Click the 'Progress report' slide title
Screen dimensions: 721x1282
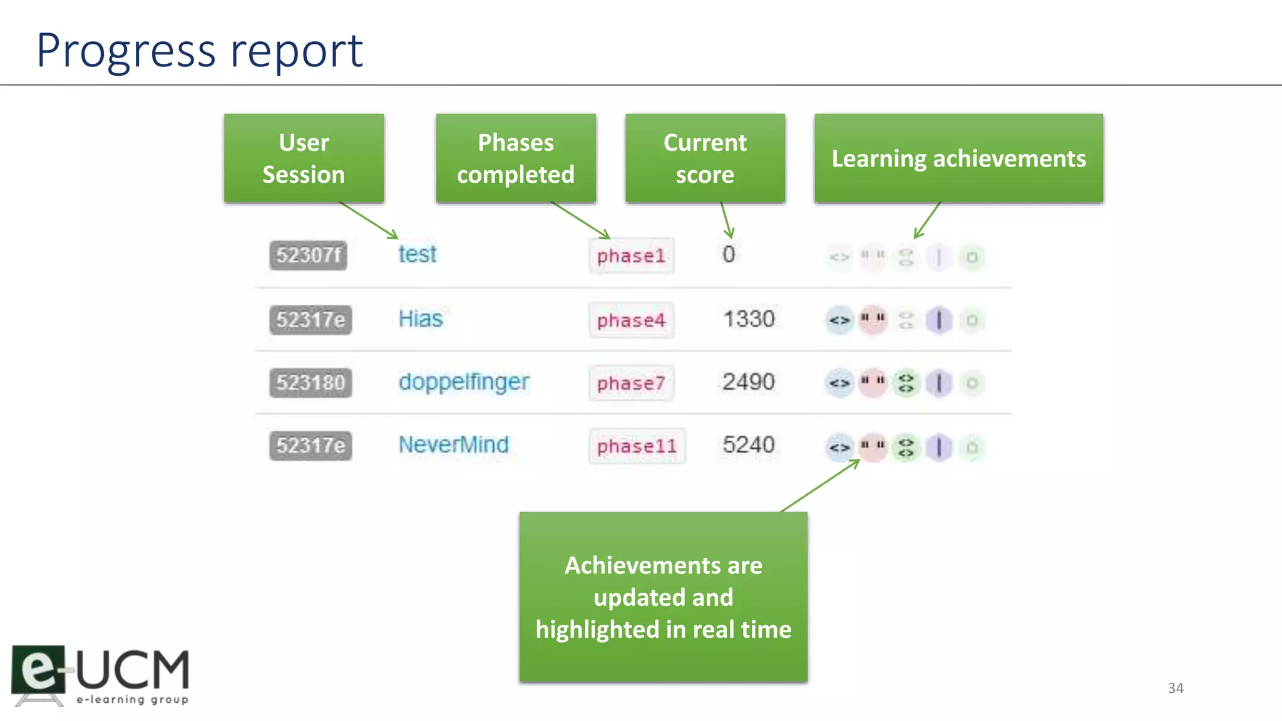[x=199, y=50]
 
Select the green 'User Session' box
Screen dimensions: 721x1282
[x=304, y=158]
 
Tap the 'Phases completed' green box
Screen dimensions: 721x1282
[x=516, y=158]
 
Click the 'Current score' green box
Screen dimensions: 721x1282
[x=705, y=158]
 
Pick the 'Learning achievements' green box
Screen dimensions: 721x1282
[x=958, y=158]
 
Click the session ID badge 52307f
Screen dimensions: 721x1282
[x=309, y=255]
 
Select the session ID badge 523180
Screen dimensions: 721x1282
[x=310, y=382]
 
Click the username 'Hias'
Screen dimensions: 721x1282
[x=421, y=319]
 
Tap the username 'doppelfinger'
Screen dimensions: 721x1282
[x=464, y=382]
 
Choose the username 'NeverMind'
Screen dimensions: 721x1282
[x=454, y=445]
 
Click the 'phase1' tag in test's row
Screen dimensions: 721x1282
[x=631, y=256]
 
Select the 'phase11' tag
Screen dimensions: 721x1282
[x=637, y=446]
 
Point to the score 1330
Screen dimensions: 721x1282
[x=749, y=319]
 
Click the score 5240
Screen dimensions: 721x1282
[x=749, y=445]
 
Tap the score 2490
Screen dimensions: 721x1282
[x=749, y=382]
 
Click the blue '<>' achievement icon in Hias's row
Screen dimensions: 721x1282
[x=839, y=320]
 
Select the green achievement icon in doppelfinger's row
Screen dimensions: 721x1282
[x=906, y=383]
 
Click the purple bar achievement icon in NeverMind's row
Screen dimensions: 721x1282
[x=939, y=447]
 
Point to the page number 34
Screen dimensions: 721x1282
[x=1176, y=688]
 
